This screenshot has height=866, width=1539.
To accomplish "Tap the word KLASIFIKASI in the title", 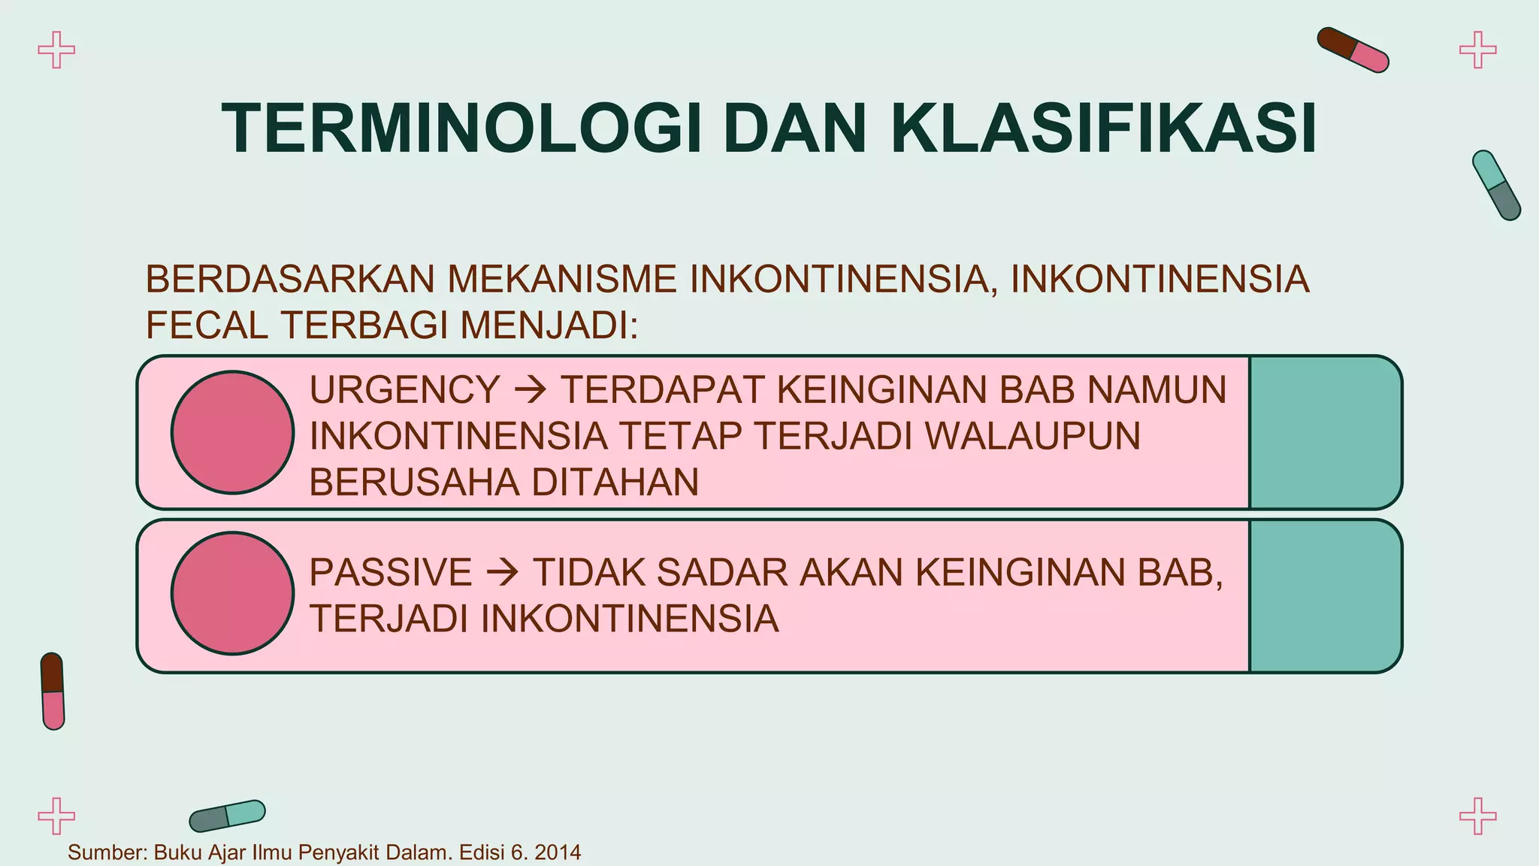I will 1103,129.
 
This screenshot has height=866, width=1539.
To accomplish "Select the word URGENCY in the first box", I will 404,390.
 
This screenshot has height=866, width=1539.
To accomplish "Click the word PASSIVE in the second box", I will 390,573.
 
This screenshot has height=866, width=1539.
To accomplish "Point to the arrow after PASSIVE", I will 503,574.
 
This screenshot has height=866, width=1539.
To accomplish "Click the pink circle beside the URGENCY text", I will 232,432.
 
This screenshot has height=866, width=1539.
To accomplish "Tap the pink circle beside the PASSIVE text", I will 232,593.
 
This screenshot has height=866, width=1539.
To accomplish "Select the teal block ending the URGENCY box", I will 1324,432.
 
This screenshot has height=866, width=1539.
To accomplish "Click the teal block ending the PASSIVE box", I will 1324,595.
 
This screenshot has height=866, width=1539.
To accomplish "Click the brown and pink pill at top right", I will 1353,50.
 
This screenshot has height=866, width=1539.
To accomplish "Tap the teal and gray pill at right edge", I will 1495,185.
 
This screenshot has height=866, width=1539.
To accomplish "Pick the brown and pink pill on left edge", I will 53,691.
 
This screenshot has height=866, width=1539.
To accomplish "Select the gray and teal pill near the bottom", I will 227,816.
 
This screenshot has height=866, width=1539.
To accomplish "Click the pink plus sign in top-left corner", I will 56,50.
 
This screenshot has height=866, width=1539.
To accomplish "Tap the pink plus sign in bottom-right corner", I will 1477,816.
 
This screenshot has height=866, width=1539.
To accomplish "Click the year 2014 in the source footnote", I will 558,852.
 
